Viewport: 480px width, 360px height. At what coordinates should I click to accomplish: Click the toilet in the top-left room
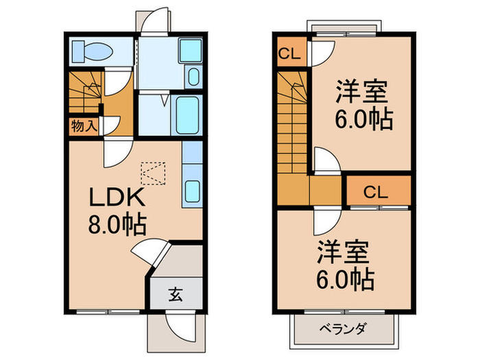point(94,51)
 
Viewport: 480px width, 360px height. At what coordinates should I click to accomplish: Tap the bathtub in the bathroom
point(188,115)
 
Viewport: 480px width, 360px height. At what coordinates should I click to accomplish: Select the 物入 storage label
point(84,126)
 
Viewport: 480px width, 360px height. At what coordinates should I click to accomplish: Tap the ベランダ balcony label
point(345,327)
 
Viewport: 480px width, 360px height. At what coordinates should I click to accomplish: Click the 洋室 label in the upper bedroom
point(361,91)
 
